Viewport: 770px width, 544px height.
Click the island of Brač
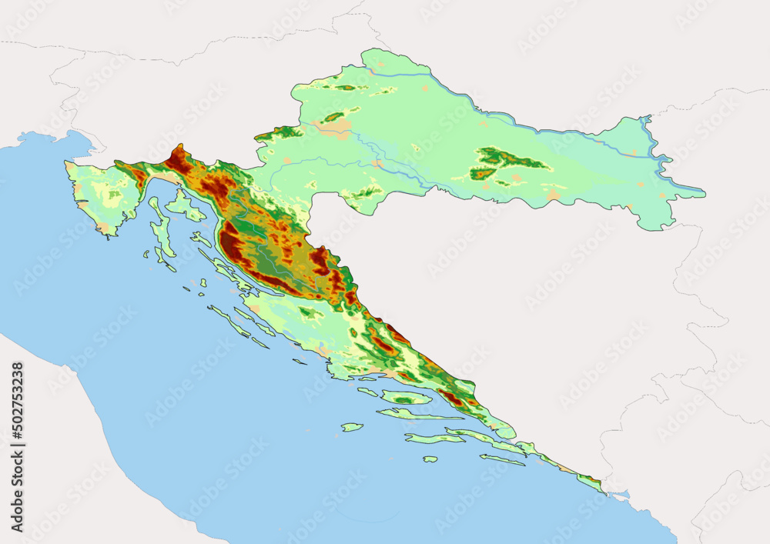tap(406, 397)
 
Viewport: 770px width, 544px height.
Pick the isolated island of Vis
tap(352, 427)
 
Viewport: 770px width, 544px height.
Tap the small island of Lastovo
tap(430, 459)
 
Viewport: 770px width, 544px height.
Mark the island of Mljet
tap(502, 460)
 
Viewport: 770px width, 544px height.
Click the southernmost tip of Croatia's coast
tap(604, 493)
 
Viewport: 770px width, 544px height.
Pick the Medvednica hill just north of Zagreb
tap(333, 117)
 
